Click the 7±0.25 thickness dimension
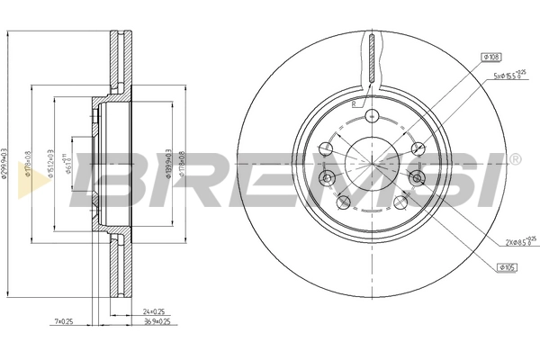[x=64, y=320]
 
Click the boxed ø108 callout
[x=491, y=57]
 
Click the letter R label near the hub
[x=355, y=104]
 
